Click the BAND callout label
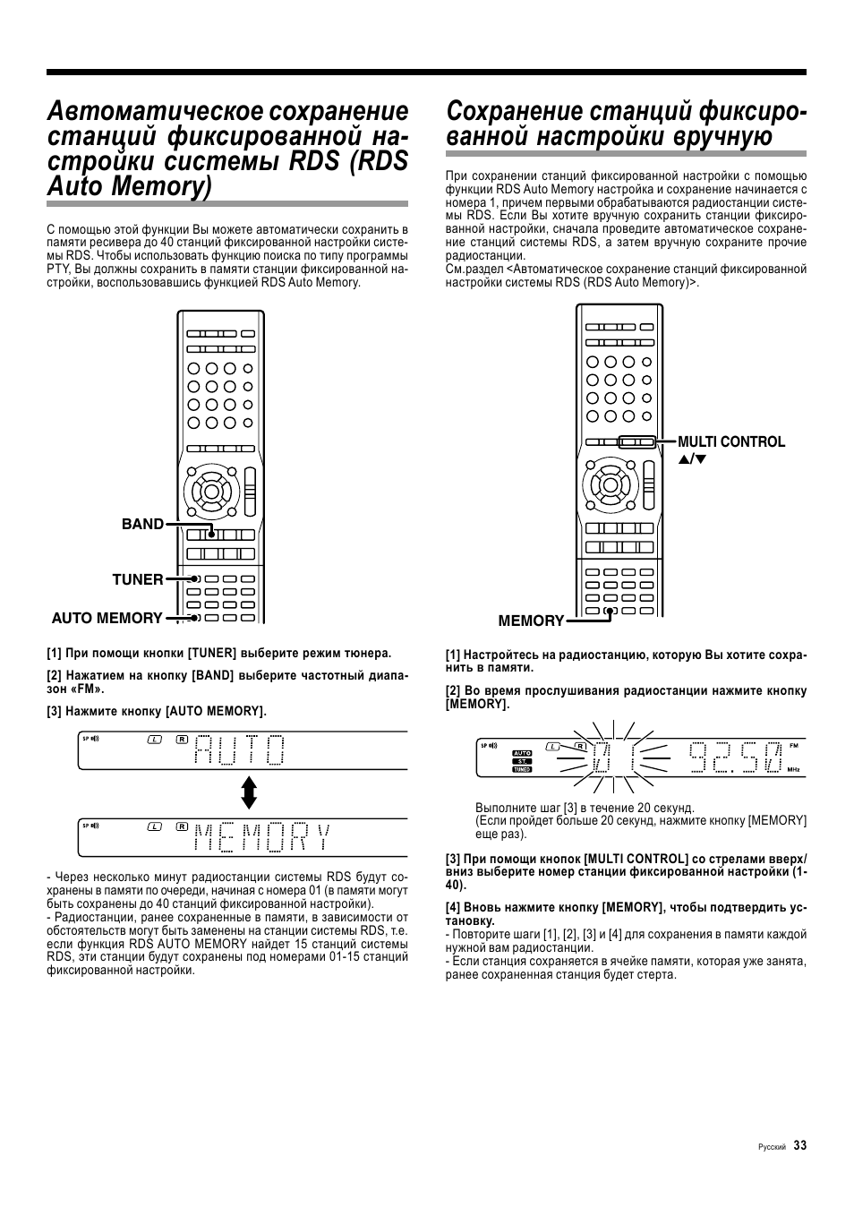coord(142,525)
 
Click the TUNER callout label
coord(137,579)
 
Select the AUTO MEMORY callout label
coord(107,618)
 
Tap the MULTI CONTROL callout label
coord(730,441)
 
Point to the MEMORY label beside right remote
coord(531,621)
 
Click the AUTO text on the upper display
coord(240,749)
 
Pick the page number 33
coord(799,1145)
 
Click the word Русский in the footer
coord(772,1147)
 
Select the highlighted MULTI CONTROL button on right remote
coord(636,441)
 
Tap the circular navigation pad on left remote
coord(212,490)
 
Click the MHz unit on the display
coord(792,769)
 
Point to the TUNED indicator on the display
coord(523,769)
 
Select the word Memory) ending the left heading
coord(162,187)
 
